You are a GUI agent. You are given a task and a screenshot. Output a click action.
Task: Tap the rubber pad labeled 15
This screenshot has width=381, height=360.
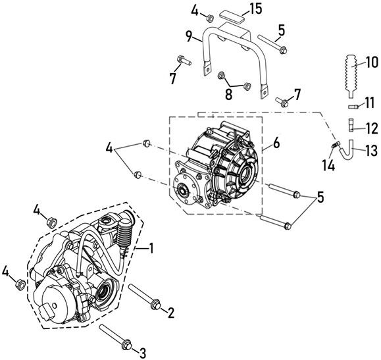pos(232,16)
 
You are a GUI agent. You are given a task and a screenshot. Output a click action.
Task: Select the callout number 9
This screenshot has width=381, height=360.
pos(189,36)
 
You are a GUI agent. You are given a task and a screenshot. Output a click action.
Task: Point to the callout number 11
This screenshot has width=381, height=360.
pos(370,102)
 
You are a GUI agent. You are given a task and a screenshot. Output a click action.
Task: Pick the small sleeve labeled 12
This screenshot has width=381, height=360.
pos(352,124)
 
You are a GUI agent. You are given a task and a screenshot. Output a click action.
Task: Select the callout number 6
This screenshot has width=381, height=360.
pos(276,143)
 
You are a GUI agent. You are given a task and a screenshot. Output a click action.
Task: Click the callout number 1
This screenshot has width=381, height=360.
pos(151,248)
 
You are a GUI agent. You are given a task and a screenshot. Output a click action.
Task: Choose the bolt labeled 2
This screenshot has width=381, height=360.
pos(144,296)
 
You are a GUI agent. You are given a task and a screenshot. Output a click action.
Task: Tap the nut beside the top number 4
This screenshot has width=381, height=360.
pos(210,18)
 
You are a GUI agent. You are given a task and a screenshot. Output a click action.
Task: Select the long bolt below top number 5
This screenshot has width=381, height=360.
pos(272,44)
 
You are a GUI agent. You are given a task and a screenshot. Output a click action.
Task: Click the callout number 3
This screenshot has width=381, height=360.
pos(142,353)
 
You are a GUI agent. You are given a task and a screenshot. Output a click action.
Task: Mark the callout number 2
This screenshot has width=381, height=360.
pos(171,313)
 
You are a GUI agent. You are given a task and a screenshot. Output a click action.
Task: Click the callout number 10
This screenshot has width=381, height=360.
pos(372,63)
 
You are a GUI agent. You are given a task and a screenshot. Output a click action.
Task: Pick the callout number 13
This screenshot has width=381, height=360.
pos(372,150)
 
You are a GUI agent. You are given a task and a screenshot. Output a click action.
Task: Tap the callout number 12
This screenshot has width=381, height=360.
pos(372,128)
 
